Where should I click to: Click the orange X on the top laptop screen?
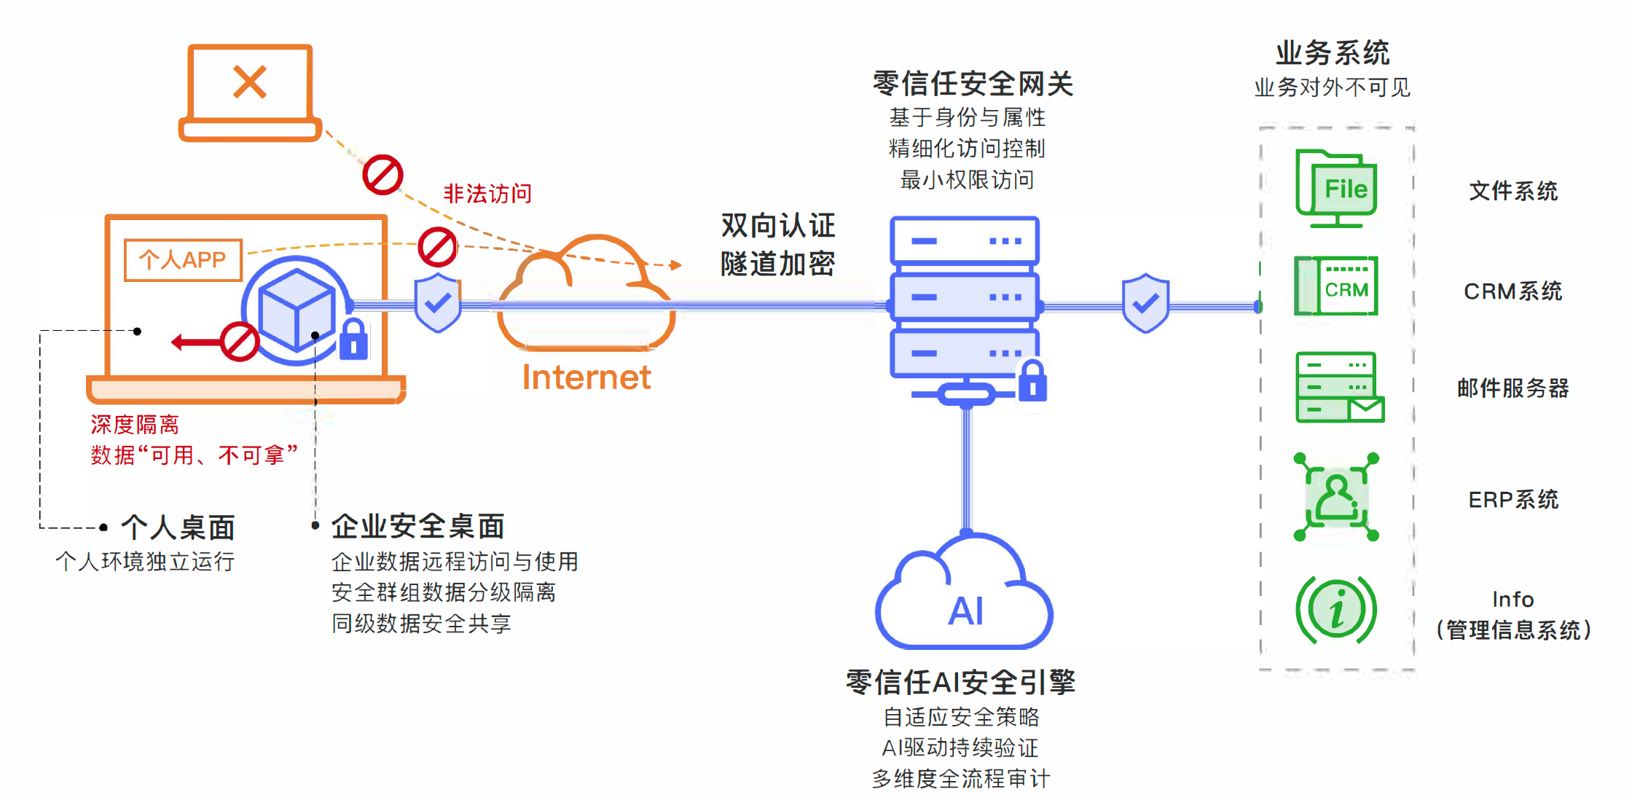250,82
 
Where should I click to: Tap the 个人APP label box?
183,259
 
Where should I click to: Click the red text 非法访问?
487,194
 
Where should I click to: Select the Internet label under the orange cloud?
586,377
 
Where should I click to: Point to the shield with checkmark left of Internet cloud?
437,302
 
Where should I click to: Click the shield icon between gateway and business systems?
1145,302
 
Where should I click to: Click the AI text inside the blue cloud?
966,611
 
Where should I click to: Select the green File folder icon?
1337,188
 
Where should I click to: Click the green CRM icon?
1337,286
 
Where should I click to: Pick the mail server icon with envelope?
1339,387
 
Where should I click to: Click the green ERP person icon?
1337,498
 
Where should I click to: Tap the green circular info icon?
1336,610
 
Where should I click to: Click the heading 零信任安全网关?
973,84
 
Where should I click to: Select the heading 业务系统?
1333,53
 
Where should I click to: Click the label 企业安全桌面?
417,526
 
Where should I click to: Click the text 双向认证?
777,226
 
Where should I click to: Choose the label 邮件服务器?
1513,388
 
